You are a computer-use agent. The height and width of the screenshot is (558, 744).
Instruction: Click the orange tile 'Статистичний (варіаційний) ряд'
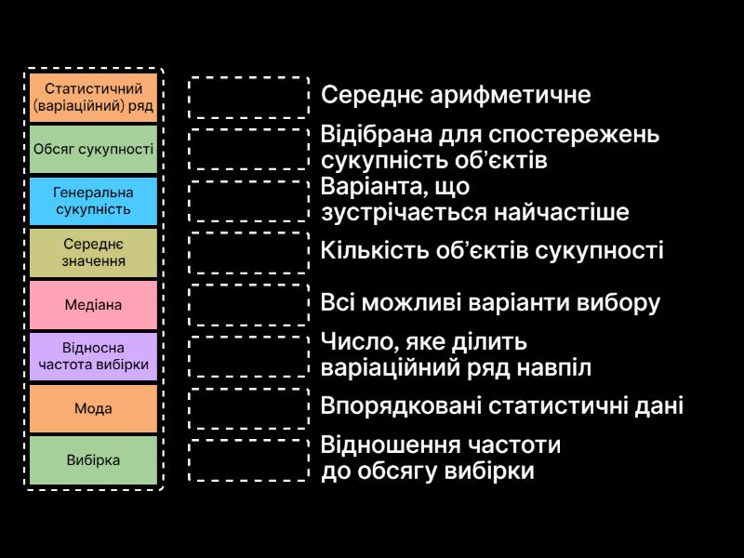(x=93, y=97)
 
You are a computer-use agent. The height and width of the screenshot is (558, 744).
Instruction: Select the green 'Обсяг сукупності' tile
(x=93, y=149)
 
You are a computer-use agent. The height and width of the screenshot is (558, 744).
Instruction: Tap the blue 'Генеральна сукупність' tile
(x=93, y=201)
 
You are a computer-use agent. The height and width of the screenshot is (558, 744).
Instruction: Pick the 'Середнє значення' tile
(x=93, y=252)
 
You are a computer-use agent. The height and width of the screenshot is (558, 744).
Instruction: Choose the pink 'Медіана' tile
(x=93, y=304)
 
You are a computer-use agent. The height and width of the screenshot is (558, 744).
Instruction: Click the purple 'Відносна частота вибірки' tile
(x=93, y=356)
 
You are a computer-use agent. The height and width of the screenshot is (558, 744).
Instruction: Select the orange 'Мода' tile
(x=93, y=408)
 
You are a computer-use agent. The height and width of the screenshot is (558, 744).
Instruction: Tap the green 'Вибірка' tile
(x=93, y=460)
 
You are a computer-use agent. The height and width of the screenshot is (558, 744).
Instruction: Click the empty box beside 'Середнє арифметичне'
(x=248, y=97)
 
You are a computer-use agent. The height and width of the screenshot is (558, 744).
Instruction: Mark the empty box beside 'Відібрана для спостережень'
(x=248, y=149)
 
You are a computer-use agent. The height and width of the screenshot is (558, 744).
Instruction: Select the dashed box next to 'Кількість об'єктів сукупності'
(x=248, y=252)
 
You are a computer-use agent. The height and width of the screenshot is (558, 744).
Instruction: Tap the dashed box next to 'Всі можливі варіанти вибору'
(x=248, y=304)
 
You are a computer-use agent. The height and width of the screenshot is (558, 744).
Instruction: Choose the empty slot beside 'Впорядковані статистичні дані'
(x=248, y=408)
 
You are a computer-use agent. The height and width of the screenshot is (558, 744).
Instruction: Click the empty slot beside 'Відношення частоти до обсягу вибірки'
(x=248, y=460)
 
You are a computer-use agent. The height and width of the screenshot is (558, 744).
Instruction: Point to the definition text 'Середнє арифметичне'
(x=456, y=95)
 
